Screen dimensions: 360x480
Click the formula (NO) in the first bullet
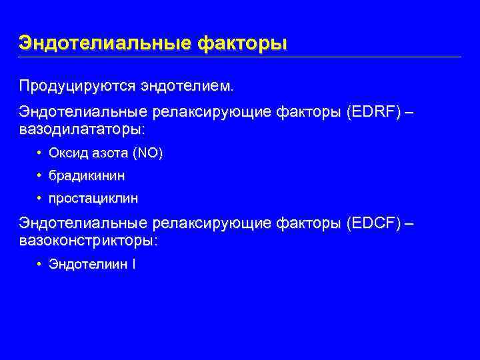tap(147, 153)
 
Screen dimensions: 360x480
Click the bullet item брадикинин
tap(87, 176)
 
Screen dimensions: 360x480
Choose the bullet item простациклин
tap(93, 199)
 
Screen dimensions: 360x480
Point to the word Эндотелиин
tap(88, 264)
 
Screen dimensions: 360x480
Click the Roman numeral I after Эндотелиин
tap(134, 264)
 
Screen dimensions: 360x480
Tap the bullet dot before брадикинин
tap(41, 176)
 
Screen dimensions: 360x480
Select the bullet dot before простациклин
tap(41, 199)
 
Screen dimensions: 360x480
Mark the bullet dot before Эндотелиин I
tap(41, 264)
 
